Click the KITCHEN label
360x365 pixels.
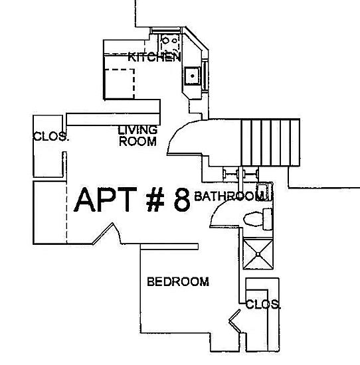tap(154, 57)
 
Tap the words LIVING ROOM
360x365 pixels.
tap(137, 136)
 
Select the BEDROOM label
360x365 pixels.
tap(178, 281)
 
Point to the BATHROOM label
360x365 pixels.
tap(230, 196)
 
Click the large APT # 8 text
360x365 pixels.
tap(132, 200)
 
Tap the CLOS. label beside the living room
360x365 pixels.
tap(51, 136)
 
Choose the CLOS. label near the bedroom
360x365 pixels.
tap(263, 304)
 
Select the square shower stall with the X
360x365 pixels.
tap(258, 254)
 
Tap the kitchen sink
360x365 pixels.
tap(192, 76)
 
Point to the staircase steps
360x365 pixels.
tap(271, 143)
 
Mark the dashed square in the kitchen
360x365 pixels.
tap(120, 84)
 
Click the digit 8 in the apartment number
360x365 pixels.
tap(182, 200)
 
